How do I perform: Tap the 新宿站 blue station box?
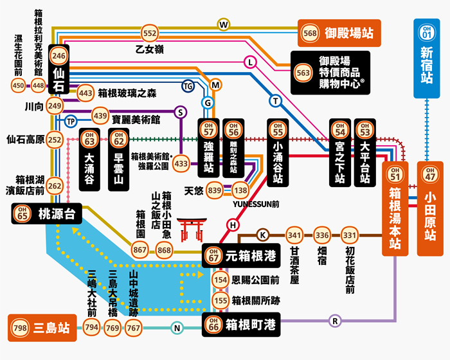pyautogui.click(x=426, y=61)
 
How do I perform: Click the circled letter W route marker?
pyautogui.click(x=224, y=24)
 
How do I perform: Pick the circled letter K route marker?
pyautogui.click(x=262, y=235)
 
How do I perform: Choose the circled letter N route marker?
pyautogui.click(x=177, y=328)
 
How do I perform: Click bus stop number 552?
pyautogui.click(x=150, y=33)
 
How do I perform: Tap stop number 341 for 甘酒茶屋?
pyautogui.click(x=294, y=235)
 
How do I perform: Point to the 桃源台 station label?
pyautogui.click(x=47, y=215)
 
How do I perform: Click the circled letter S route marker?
pyautogui.click(x=181, y=112)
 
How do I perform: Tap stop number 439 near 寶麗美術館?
pyautogui.click(x=100, y=116)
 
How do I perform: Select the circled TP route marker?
pyautogui.click(x=71, y=122)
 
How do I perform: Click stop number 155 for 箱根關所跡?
pyautogui.click(x=221, y=300)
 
